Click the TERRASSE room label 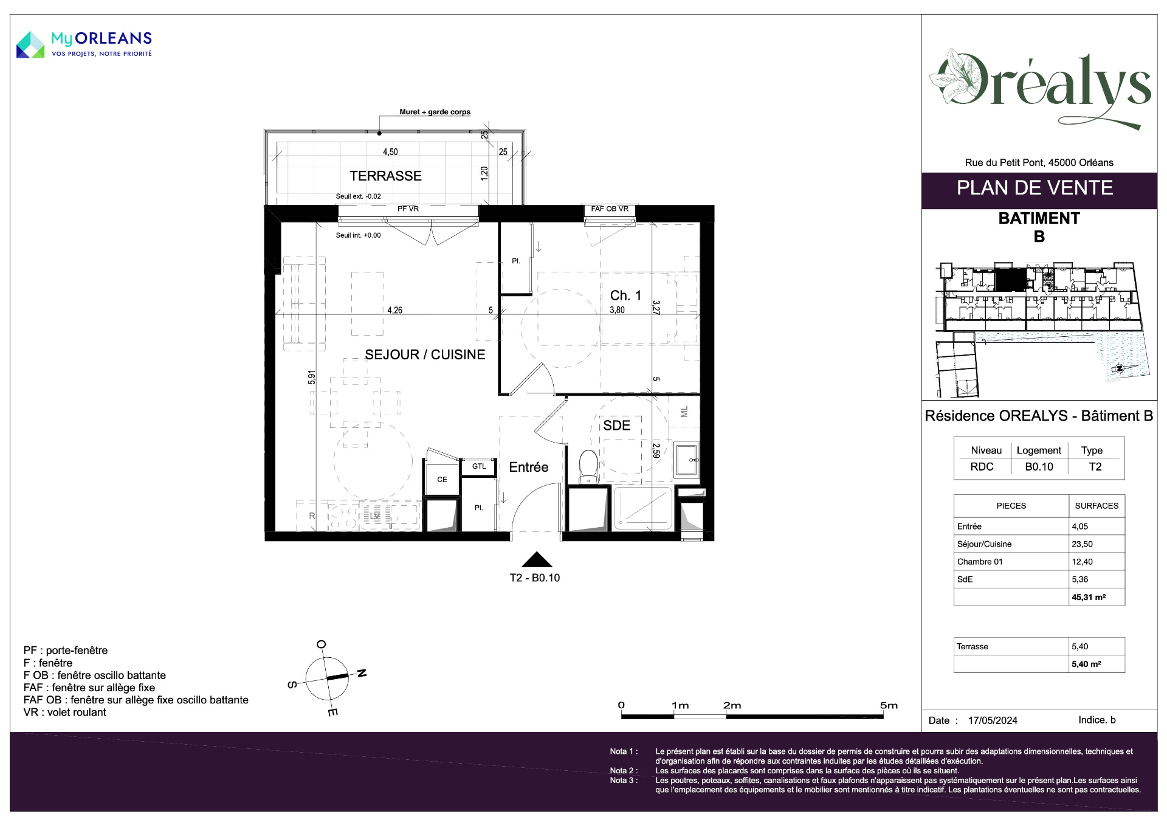click(x=385, y=176)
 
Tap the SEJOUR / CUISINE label click(x=425, y=354)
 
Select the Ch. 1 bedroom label click(x=625, y=295)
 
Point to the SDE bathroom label click(x=616, y=426)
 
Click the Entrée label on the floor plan click(x=529, y=467)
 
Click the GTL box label click(x=479, y=466)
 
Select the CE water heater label click(x=442, y=480)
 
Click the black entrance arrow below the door click(x=537, y=559)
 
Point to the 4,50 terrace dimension click(x=390, y=152)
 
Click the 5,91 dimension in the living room click(x=312, y=377)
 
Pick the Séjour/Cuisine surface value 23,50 click(x=1082, y=544)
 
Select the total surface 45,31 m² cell click(x=1089, y=597)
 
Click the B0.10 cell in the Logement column click(x=1039, y=467)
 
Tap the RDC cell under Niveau click(x=982, y=467)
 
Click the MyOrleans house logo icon click(x=30, y=44)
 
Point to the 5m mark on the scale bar click(x=889, y=706)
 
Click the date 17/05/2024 click(x=993, y=720)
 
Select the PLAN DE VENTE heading click(x=1034, y=188)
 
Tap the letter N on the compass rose click(x=362, y=673)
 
